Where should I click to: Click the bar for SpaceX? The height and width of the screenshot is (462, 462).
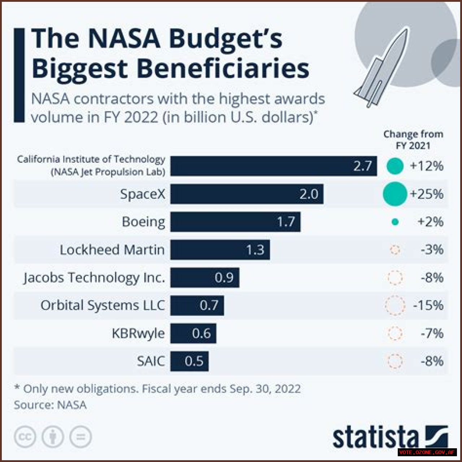(247, 194)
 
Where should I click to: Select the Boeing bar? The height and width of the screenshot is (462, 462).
(235, 222)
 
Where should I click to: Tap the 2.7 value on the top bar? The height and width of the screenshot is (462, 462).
(362, 166)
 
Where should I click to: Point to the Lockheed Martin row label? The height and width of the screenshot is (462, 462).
(112, 250)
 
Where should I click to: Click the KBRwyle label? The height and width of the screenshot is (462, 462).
(138, 333)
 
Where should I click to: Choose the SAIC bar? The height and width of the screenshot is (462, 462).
(189, 361)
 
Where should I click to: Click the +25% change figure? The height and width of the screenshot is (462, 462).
(426, 194)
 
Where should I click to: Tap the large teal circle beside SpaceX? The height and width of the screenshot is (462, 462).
(395, 194)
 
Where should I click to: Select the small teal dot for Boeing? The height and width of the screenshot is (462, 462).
(395, 222)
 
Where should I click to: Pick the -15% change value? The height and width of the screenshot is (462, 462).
(428, 305)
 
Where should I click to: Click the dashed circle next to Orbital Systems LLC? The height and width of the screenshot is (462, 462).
(395, 305)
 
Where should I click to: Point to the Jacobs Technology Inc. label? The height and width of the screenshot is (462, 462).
(94, 278)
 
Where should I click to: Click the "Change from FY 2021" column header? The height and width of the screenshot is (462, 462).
(413, 140)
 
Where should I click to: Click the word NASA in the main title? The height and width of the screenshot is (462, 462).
(124, 38)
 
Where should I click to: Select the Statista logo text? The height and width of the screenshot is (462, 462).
(375, 437)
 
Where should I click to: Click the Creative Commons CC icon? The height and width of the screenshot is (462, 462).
(25, 437)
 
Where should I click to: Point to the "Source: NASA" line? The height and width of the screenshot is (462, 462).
(50, 405)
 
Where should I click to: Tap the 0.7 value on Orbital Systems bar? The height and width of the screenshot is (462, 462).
(209, 305)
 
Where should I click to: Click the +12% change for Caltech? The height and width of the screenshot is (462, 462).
(426, 166)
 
